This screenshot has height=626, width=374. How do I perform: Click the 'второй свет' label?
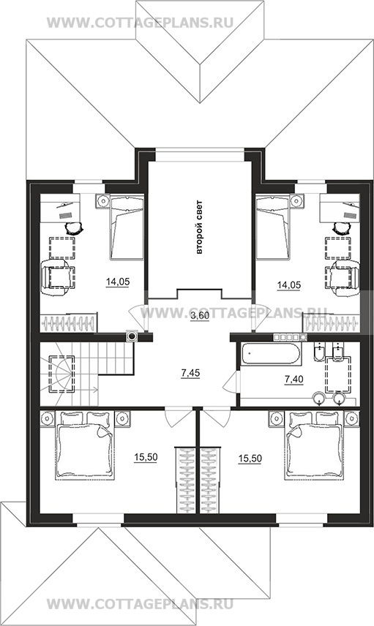[x=199, y=227]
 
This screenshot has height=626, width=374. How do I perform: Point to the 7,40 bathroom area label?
[x=293, y=380]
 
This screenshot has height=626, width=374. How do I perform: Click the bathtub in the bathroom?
[x=271, y=354]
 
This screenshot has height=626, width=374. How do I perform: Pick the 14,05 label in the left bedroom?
[x=118, y=282]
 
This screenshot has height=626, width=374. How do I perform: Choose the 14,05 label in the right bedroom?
[x=289, y=284]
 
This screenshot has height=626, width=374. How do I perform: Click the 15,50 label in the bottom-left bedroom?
[x=146, y=458]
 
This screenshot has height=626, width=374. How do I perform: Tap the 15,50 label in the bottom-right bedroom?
[x=250, y=459]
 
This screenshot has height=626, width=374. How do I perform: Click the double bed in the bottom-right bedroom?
[x=314, y=445]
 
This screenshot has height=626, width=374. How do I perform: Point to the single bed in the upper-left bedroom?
[x=127, y=227]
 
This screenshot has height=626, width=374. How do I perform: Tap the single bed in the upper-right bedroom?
[x=272, y=227]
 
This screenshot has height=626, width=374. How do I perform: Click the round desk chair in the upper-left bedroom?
[x=74, y=228]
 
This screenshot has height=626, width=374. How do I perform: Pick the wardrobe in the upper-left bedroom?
[x=68, y=323]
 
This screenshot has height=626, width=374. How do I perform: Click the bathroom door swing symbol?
[x=231, y=383]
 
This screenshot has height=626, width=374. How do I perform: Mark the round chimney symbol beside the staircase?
[x=132, y=336]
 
